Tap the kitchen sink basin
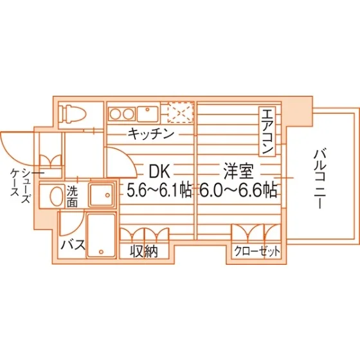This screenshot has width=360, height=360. pos(147,114)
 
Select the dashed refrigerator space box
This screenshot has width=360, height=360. pos(181,113)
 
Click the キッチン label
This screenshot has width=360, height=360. pos(150,134)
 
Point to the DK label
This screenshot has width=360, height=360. pos(159,172)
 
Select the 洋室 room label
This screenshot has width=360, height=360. pos(239,172)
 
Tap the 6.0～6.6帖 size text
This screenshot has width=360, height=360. pos(238,190)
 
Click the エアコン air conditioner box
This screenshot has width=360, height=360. pos(267,132)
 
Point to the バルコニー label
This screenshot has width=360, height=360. pos(320,179)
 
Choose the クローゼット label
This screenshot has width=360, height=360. pos(257,251)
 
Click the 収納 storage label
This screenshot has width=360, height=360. pos(144,251)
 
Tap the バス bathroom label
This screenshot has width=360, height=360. pos(73,245)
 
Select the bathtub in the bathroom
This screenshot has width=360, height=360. pos(101,235)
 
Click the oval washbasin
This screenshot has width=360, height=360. pos(57,195)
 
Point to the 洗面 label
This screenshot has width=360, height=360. pos(72,196)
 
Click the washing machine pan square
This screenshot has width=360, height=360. pos(102,195)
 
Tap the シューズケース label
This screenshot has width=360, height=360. pos(20,186)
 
